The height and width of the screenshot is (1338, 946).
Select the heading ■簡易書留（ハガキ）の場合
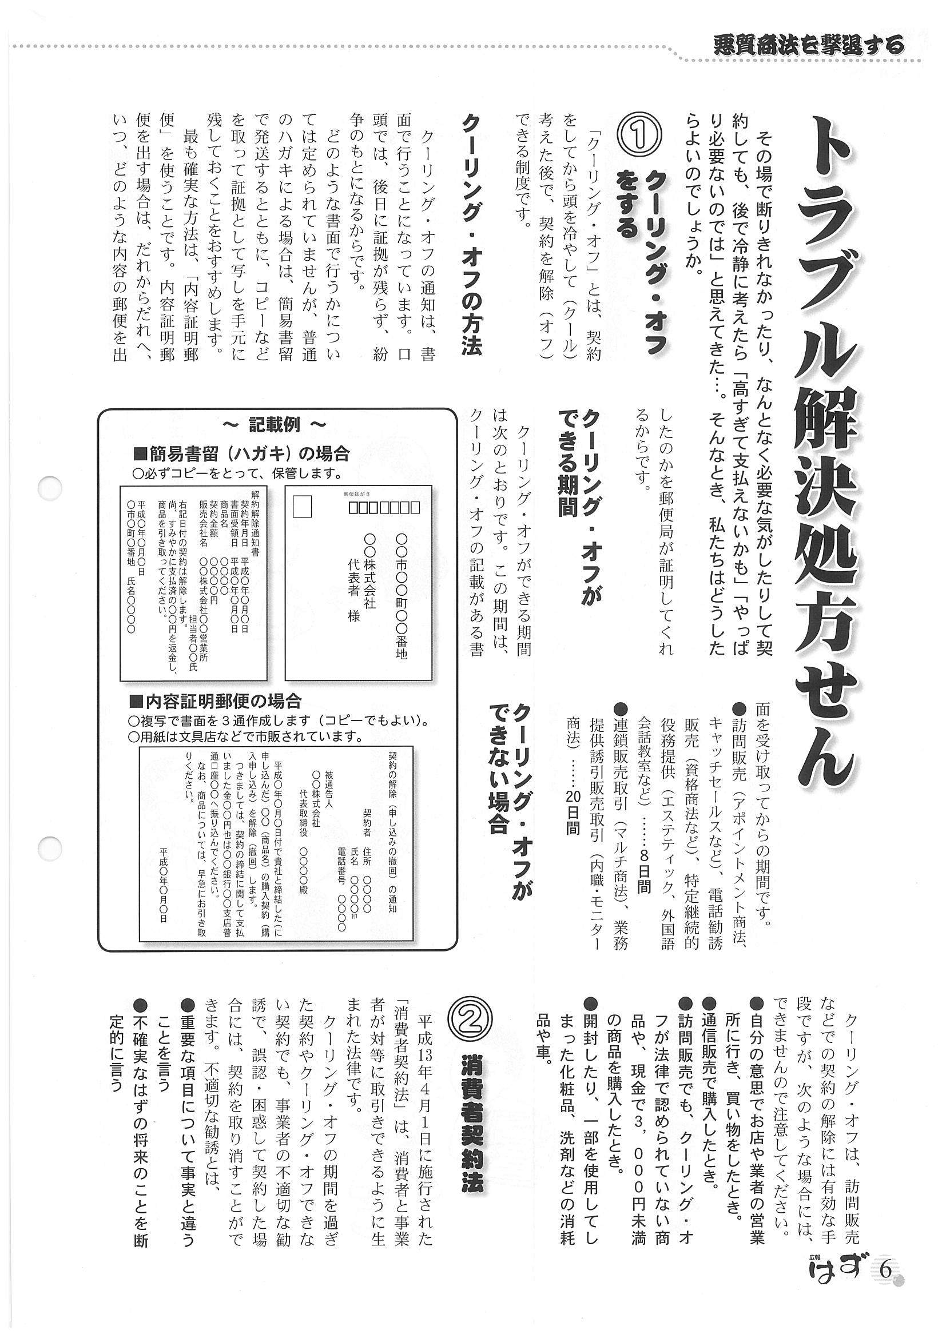click(242, 453)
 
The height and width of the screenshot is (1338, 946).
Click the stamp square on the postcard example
click(302, 507)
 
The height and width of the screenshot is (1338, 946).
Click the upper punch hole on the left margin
click(50, 488)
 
